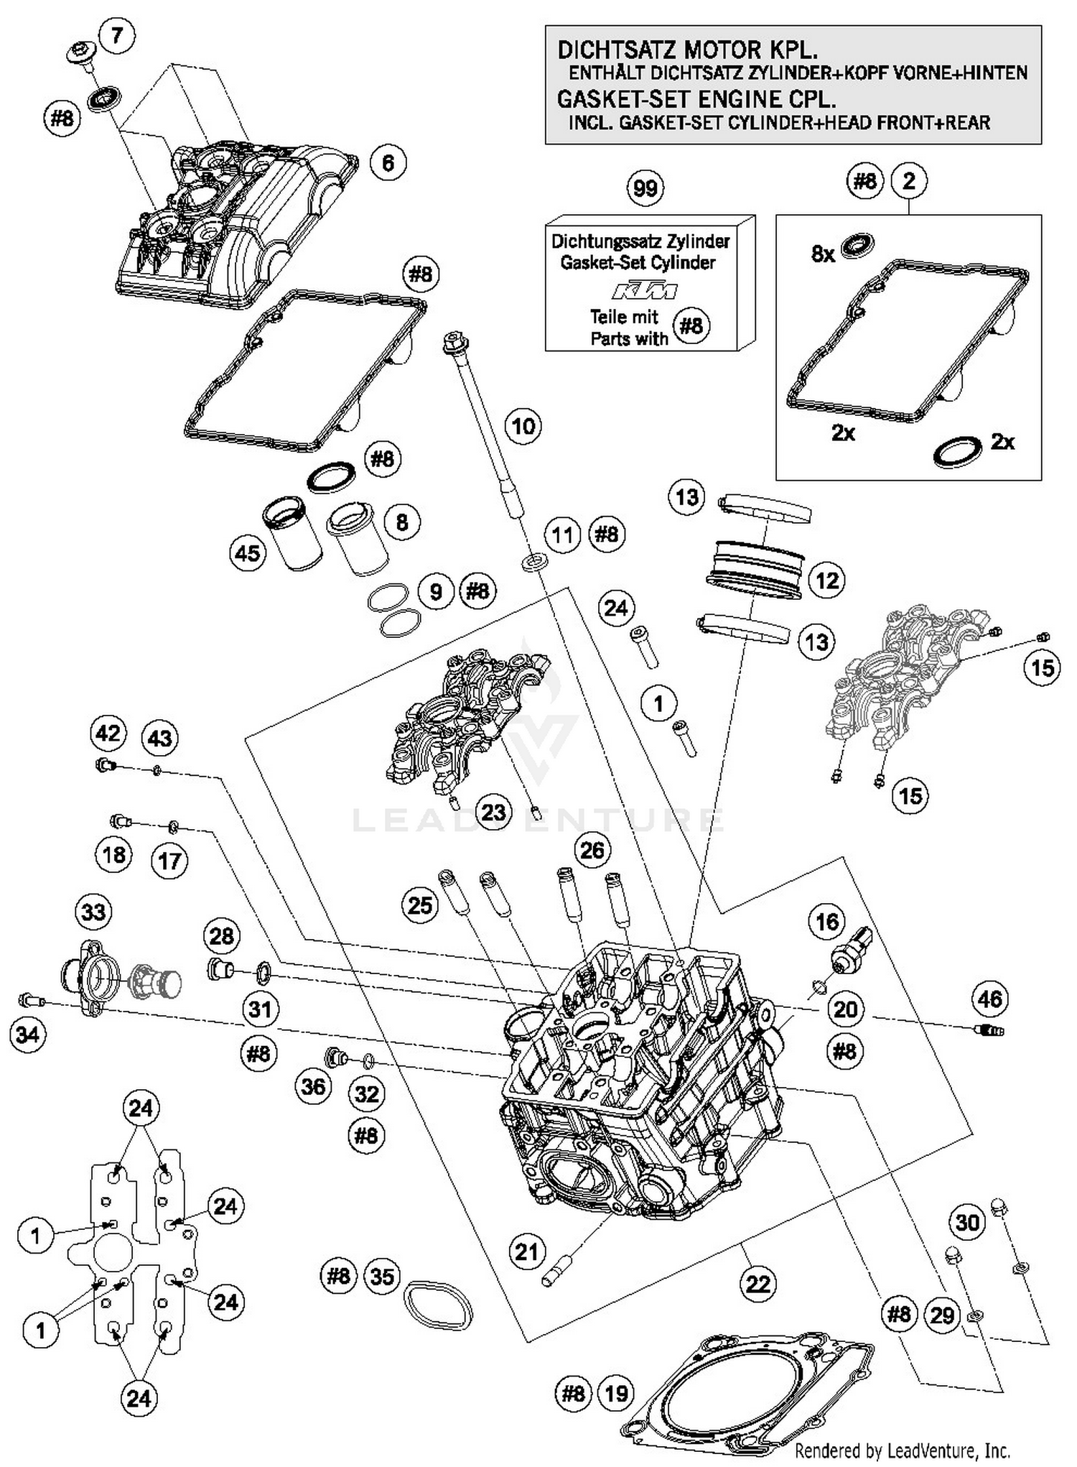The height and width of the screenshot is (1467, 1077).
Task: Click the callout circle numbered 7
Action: (117, 34)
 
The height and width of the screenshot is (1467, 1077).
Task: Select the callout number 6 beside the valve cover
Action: (388, 163)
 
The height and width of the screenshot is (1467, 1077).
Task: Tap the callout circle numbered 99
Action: (645, 189)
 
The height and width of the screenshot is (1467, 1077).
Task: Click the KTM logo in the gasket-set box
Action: (644, 291)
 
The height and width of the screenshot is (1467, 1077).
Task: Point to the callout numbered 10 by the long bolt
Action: (523, 426)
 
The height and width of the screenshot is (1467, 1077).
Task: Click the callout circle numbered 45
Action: (248, 552)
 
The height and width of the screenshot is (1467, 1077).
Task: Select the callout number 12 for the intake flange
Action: (827, 580)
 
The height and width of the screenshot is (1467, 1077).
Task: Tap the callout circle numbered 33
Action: (94, 912)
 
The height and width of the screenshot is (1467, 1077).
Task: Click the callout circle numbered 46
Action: (990, 999)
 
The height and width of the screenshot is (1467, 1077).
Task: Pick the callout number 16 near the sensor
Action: (826, 921)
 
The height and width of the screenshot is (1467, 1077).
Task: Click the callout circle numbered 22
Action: (758, 1284)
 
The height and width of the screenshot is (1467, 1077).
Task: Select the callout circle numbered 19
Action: (616, 1394)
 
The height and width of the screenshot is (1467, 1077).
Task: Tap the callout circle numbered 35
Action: (382, 1277)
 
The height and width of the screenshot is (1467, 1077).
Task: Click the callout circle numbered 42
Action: (108, 733)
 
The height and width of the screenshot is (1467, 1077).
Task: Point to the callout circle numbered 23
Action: (493, 813)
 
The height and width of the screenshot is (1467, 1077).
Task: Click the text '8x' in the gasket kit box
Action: (823, 254)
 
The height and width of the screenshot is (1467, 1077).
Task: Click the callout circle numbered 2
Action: (909, 181)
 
